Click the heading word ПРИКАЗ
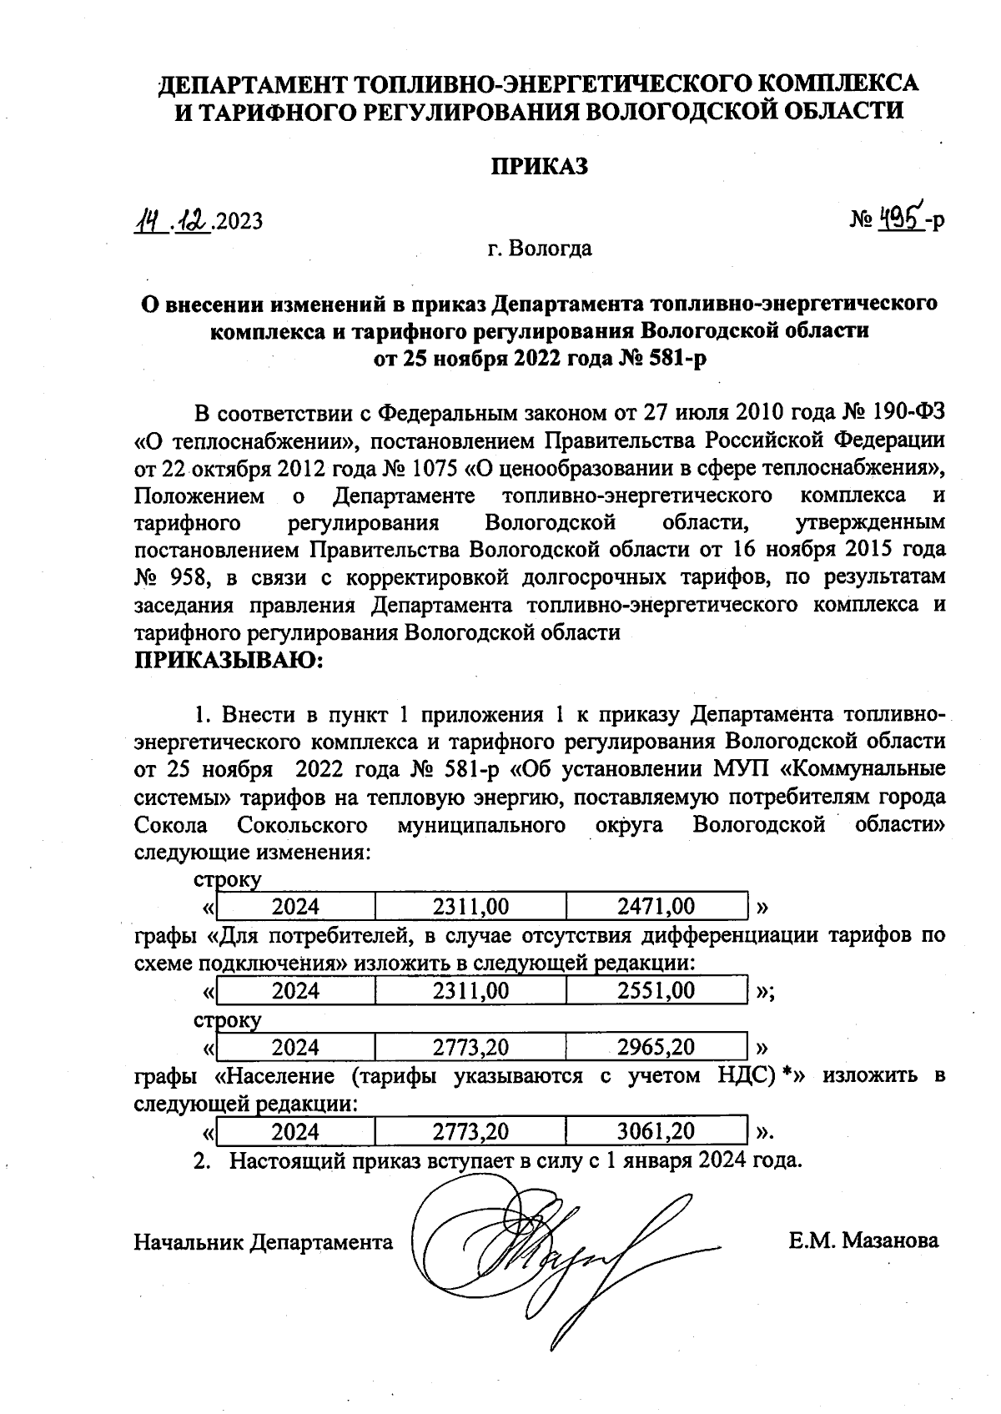(538, 166)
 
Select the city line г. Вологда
(540, 248)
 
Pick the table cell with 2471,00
(656, 907)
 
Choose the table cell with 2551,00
(656, 991)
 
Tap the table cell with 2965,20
(656, 1047)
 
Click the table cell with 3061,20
(656, 1131)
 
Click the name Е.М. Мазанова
(863, 1240)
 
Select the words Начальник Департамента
(264, 1242)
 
